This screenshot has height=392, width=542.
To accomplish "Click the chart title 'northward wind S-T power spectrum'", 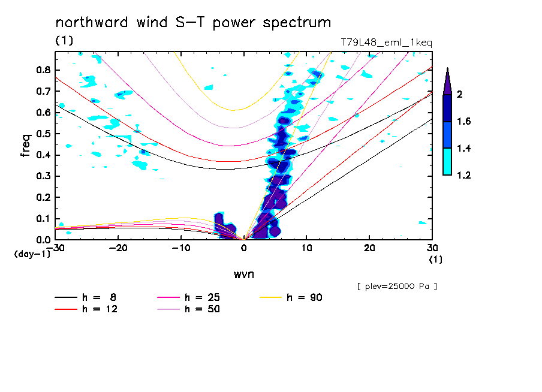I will (x=193, y=23).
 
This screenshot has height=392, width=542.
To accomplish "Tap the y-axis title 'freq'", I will (x=25, y=146).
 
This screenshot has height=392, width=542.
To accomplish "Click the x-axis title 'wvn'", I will (x=243, y=275).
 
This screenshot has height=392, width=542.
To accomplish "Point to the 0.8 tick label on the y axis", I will (x=43, y=70).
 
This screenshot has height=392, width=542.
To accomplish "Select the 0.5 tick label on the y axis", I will (x=43, y=134).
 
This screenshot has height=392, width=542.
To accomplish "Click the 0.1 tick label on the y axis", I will (x=43, y=219).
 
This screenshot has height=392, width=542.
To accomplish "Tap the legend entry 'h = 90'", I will (x=305, y=297).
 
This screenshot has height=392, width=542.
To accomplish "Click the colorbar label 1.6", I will (x=464, y=122).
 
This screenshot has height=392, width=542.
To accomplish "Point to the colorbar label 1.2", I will (x=464, y=176).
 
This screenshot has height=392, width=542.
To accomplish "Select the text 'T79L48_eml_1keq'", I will (x=386, y=43).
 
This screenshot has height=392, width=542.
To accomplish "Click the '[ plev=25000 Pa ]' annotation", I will (x=396, y=287).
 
